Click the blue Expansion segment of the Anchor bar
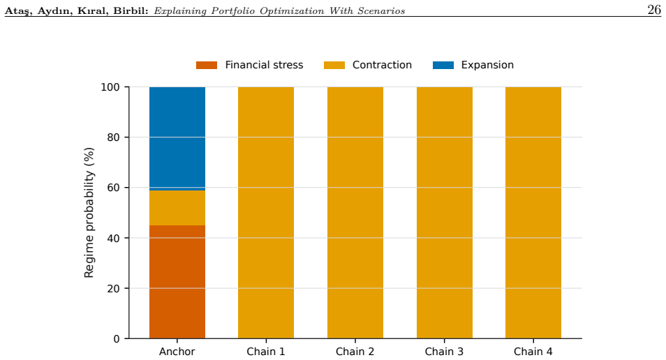[177, 139]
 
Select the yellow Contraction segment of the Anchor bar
[177, 208]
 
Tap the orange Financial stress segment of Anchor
[177, 282]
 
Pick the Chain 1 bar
[266, 213]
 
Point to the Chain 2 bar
[355, 213]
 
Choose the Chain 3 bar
[444, 213]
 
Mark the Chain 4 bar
[533, 213]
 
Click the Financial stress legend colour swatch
[207, 65]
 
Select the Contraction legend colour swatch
[334, 65]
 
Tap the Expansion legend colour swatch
[443, 65]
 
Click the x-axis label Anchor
[177, 352]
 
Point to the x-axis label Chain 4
[533, 352]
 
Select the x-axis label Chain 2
[355, 352]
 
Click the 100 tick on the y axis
[110, 87]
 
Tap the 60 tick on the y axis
[113, 188]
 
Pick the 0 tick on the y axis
[117, 339]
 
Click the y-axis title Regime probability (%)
[89, 213]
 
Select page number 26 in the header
[654, 10]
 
